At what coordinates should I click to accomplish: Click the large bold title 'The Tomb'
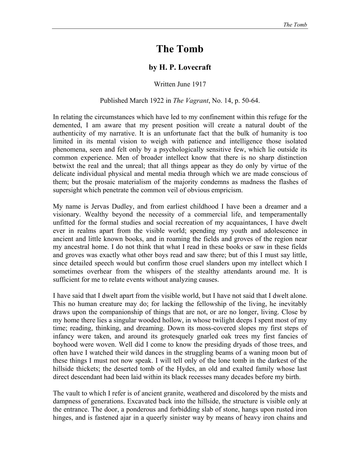click(x=180, y=49)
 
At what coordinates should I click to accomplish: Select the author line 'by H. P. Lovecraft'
click(x=180, y=67)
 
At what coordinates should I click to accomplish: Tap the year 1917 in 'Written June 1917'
click(x=199, y=84)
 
